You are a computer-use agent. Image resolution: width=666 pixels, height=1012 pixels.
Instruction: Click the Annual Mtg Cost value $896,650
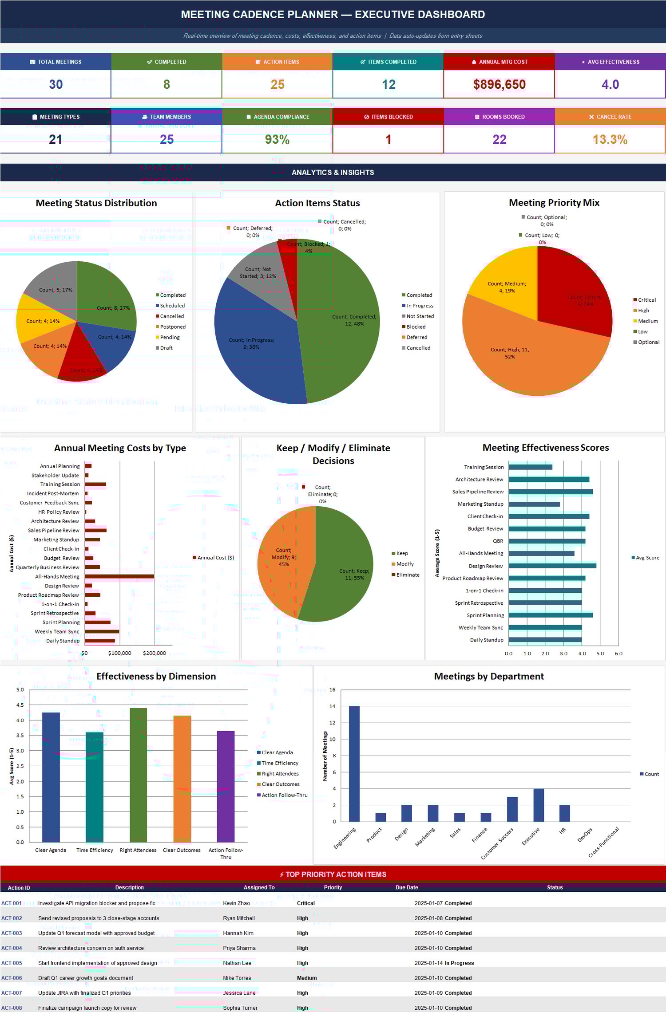499,84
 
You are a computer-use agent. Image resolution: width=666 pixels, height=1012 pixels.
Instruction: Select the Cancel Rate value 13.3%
610,139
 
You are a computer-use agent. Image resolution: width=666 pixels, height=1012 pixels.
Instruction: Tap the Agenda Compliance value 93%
277,139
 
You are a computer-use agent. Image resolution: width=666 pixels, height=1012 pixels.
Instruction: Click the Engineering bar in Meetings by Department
354,763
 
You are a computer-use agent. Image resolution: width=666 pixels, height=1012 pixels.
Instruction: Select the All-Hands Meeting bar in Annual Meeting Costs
119,576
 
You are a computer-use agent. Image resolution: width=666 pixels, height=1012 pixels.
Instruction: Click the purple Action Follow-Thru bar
226,785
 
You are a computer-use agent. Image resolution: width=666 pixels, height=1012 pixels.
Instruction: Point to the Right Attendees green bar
138,774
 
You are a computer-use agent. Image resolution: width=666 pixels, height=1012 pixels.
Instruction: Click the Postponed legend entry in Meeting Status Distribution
172,327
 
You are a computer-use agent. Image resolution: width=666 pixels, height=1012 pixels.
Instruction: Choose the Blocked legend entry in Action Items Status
416,327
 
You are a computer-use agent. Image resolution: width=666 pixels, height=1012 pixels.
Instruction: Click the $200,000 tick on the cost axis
155,653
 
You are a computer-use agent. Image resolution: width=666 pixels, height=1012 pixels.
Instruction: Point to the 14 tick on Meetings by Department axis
332,706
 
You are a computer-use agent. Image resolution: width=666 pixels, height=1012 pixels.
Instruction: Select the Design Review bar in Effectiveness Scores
552,566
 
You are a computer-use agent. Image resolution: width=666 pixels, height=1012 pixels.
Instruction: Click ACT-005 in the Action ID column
12,963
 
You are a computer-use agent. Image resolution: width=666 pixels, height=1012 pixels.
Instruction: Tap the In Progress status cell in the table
459,963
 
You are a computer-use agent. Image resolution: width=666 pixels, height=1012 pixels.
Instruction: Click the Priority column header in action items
333,887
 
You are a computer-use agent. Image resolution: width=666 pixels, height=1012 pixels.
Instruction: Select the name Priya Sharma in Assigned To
239,948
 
